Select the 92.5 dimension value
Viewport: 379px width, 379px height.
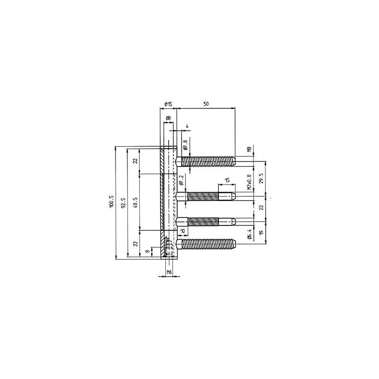coord(124,203)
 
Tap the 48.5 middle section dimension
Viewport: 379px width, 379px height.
coord(135,202)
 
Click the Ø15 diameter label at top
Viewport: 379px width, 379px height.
coord(168,104)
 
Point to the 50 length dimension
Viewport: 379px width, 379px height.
coord(206,103)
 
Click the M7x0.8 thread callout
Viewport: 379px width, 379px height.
coord(249,181)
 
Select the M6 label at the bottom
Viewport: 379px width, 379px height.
coord(168,272)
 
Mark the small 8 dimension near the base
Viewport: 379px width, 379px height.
coord(147,252)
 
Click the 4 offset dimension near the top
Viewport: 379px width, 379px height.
coord(188,126)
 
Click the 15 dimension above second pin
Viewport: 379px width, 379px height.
coord(227,180)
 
